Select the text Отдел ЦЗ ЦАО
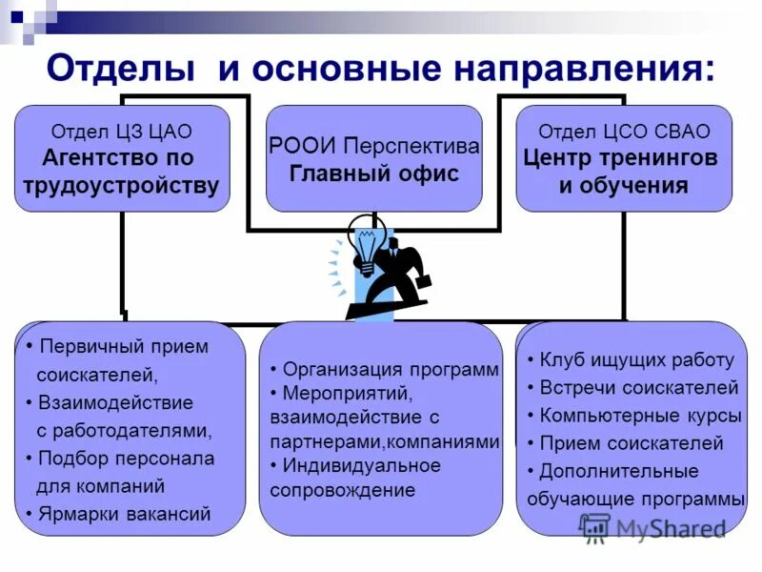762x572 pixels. pos(121,131)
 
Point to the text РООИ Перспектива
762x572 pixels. pos(374,148)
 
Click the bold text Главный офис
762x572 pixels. pos(374,174)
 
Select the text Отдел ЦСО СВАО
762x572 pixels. pos(624,132)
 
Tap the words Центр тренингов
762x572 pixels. pos(620,158)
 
